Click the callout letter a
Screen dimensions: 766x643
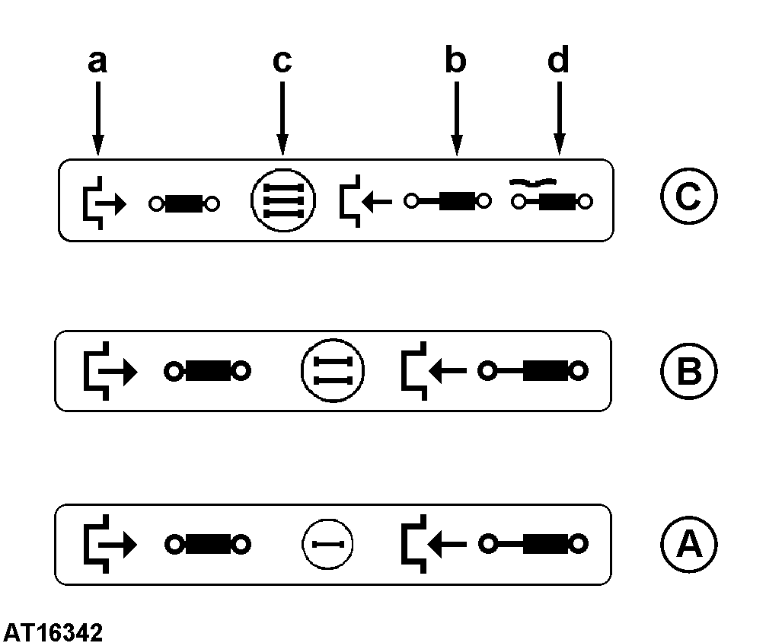point(97,62)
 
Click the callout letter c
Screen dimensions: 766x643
point(282,62)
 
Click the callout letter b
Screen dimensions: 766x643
point(456,59)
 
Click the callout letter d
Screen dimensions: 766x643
point(558,59)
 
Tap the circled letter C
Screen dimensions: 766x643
point(689,196)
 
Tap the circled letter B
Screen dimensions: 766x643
point(689,370)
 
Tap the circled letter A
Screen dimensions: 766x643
point(689,544)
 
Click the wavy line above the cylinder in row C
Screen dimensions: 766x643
point(532,182)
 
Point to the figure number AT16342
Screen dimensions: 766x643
point(53,632)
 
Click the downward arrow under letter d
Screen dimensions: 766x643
point(560,118)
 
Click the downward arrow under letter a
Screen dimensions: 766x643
point(98,118)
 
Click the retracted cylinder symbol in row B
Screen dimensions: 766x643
point(207,371)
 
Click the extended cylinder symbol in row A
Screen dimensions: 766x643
point(533,544)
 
